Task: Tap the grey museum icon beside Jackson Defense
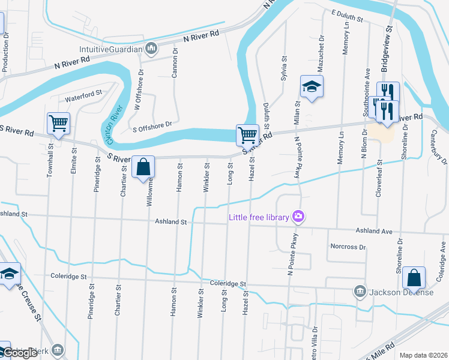coord(360,292)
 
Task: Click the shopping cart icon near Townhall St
coord(59,123)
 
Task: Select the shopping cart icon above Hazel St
coord(247,135)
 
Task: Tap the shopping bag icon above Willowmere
coord(143,167)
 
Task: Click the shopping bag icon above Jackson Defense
coord(414,278)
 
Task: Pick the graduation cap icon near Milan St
coord(312,86)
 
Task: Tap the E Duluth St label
coord(348,15)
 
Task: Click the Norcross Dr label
coord(348,247)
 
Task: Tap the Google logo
coord(20,353)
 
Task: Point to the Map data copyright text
coord(423,355)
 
